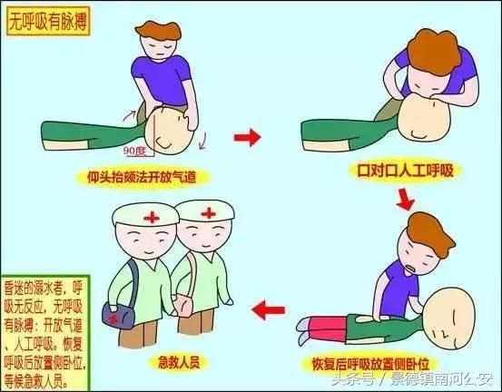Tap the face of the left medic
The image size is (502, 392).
click(143, 243)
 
